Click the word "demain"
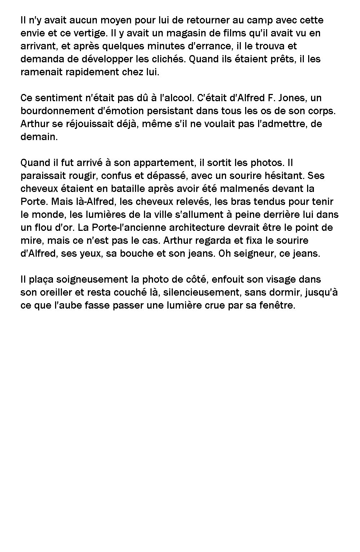click(x=39, y=137)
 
